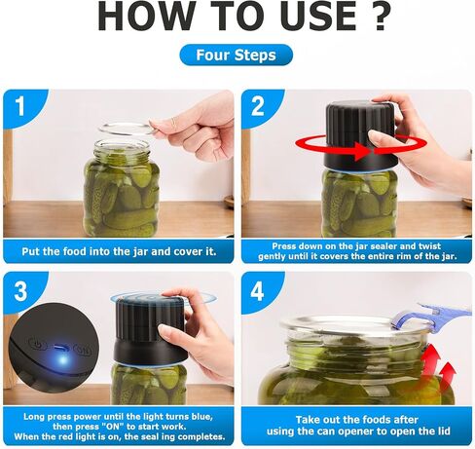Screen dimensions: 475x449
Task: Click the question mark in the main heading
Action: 377,17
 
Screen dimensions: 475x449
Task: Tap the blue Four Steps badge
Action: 237,55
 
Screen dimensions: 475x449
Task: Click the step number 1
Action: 20,105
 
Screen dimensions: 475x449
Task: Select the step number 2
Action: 258,105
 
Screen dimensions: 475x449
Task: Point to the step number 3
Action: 20,291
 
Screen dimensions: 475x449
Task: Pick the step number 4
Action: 257,291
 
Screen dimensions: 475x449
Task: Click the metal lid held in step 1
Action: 128,129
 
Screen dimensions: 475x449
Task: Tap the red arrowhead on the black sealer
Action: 361,151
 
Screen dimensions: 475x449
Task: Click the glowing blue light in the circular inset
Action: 62,358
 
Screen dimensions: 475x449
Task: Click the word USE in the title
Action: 318,17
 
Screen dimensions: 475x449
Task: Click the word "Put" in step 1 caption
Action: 30,251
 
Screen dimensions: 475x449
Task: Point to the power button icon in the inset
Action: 37,344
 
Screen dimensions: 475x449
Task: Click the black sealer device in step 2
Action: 361,136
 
